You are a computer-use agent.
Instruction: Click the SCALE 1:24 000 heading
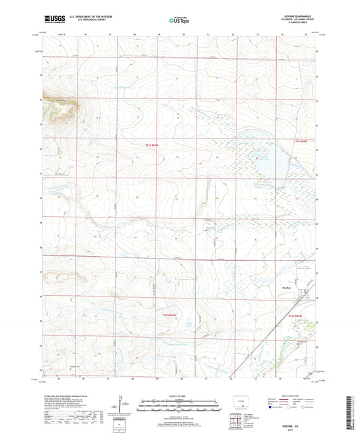179,396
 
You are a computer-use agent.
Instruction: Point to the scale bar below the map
179,407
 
